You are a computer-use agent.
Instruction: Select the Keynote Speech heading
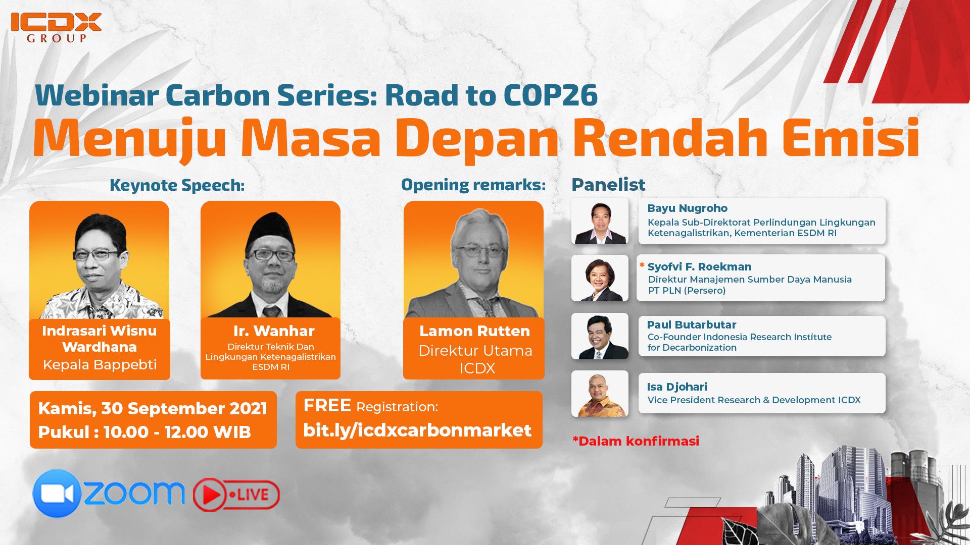(x=177, y=185)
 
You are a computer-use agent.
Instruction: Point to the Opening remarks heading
(x=473, y=185)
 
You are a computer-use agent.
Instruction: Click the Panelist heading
(x=608, y=185)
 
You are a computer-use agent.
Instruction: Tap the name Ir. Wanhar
(x=274, y=331)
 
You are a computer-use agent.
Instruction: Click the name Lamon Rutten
(x=474, y=331)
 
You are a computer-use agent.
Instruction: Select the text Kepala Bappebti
(x=100, y=364)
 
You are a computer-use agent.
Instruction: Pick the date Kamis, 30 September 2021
(x=153, y=408)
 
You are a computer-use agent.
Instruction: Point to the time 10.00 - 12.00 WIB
(x=177, y=432)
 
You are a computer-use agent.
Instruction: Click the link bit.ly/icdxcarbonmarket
(x=417, y=430)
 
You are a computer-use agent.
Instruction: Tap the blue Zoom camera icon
(x=57, y=494)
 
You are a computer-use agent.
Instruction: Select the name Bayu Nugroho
(x=687, y=208)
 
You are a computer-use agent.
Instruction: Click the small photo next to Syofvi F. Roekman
(x=600, y=278)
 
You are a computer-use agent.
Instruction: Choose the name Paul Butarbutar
(x=691, y=325)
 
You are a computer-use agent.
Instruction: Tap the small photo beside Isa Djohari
(x=600, y=394)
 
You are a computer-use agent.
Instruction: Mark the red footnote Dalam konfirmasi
(x=637, y=441)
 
